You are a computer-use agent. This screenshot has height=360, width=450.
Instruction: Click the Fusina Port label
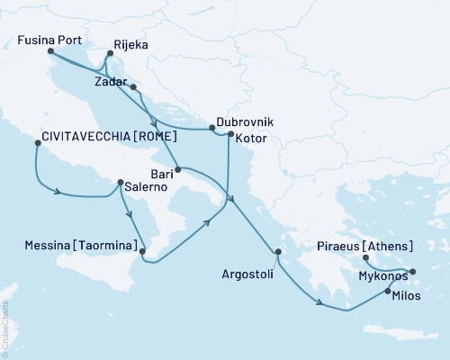pos(49,40)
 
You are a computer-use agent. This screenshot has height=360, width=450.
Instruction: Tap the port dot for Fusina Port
pos(49,52)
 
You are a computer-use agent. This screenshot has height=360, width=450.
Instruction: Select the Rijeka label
pos(130,42)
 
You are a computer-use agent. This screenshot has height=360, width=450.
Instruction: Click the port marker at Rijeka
pos(109,54)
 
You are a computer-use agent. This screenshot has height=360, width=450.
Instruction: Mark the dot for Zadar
pos(133,87)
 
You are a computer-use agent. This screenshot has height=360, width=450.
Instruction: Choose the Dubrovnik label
pos(245,121)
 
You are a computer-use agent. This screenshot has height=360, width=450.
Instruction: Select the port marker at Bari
pos(178,169)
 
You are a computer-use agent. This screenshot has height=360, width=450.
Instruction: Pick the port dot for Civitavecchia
pos(37,142)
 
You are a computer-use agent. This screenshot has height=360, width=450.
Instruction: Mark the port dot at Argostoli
pos(279,252)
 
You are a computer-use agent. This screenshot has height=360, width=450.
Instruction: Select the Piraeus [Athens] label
pos(365,246)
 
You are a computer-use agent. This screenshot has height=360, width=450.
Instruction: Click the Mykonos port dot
pos(413,271)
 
